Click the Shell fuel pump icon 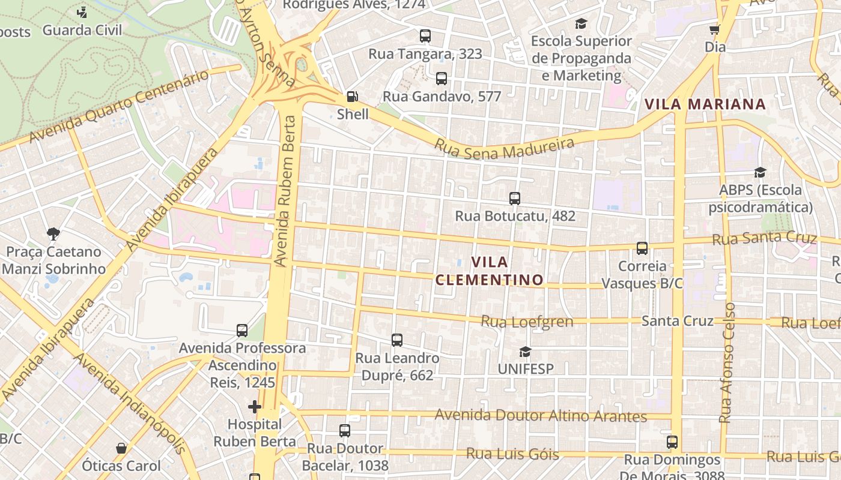point(353,97)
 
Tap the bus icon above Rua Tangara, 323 point(425,36)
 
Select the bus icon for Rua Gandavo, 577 point(442,79)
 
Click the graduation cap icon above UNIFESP point(526,352)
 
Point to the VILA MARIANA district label point(705,104)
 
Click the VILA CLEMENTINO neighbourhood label point(490,271)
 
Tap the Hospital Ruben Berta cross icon point(255,407)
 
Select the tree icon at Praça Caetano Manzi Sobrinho point(53,234)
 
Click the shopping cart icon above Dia point(715,29)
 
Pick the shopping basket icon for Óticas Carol point(121,448)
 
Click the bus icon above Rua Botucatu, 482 point(514,199)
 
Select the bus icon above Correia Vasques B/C point(642,248)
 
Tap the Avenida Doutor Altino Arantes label point(541,416)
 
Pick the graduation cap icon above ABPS point(760,173)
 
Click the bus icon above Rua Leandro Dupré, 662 point(397,340)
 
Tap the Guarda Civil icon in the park point(82,12)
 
